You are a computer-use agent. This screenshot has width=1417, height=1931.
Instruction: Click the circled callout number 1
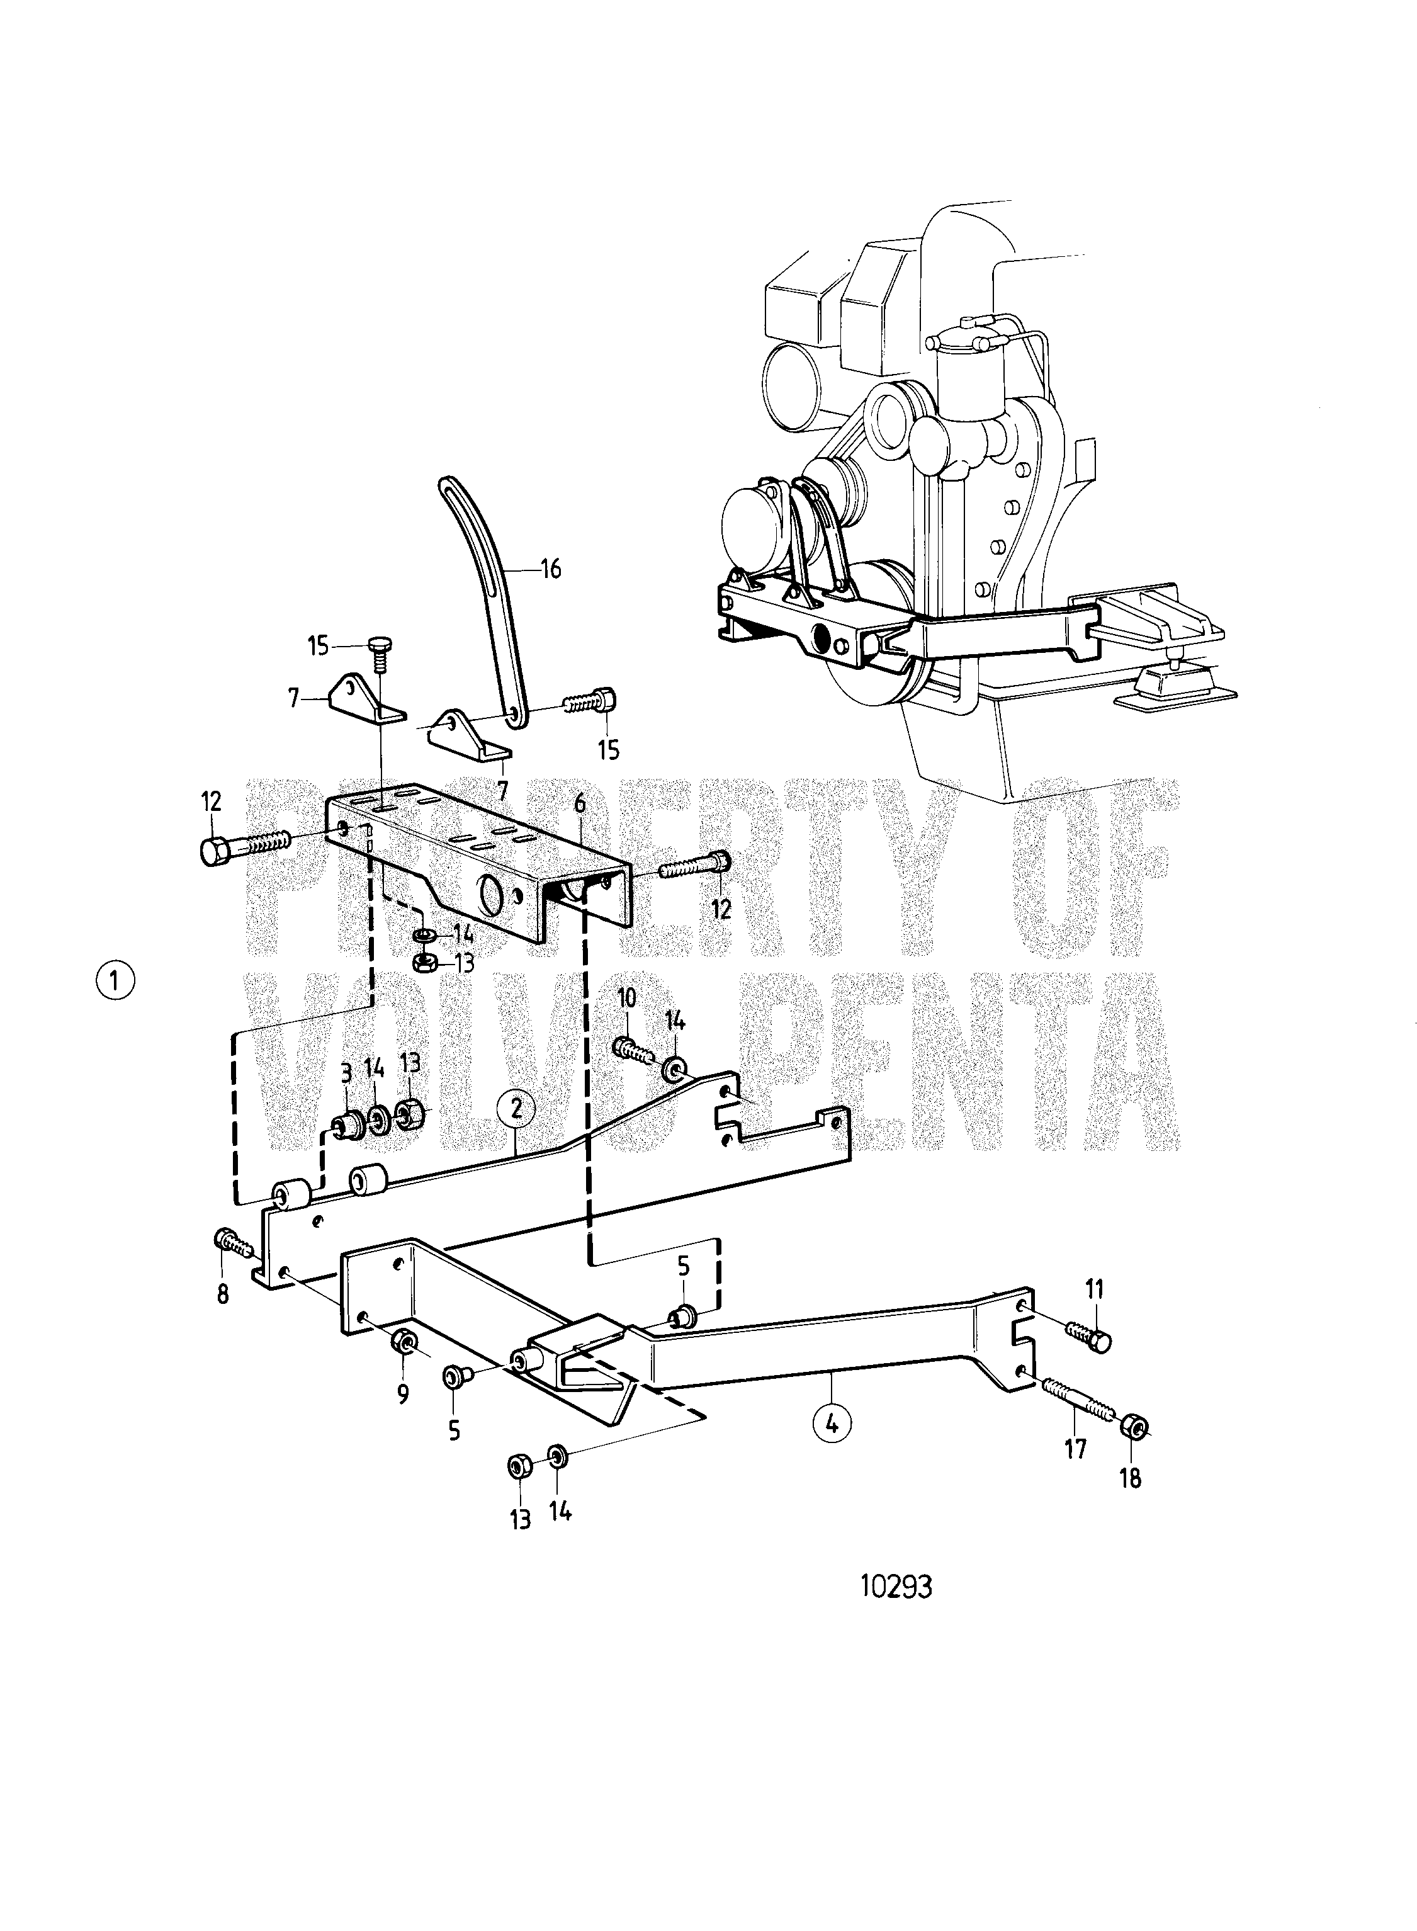pos(116,979)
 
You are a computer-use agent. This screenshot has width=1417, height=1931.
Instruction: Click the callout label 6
pos(580,804)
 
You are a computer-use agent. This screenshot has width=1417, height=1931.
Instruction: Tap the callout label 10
pos(627,997)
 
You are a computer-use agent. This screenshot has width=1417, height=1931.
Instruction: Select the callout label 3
pos(346,1072)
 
